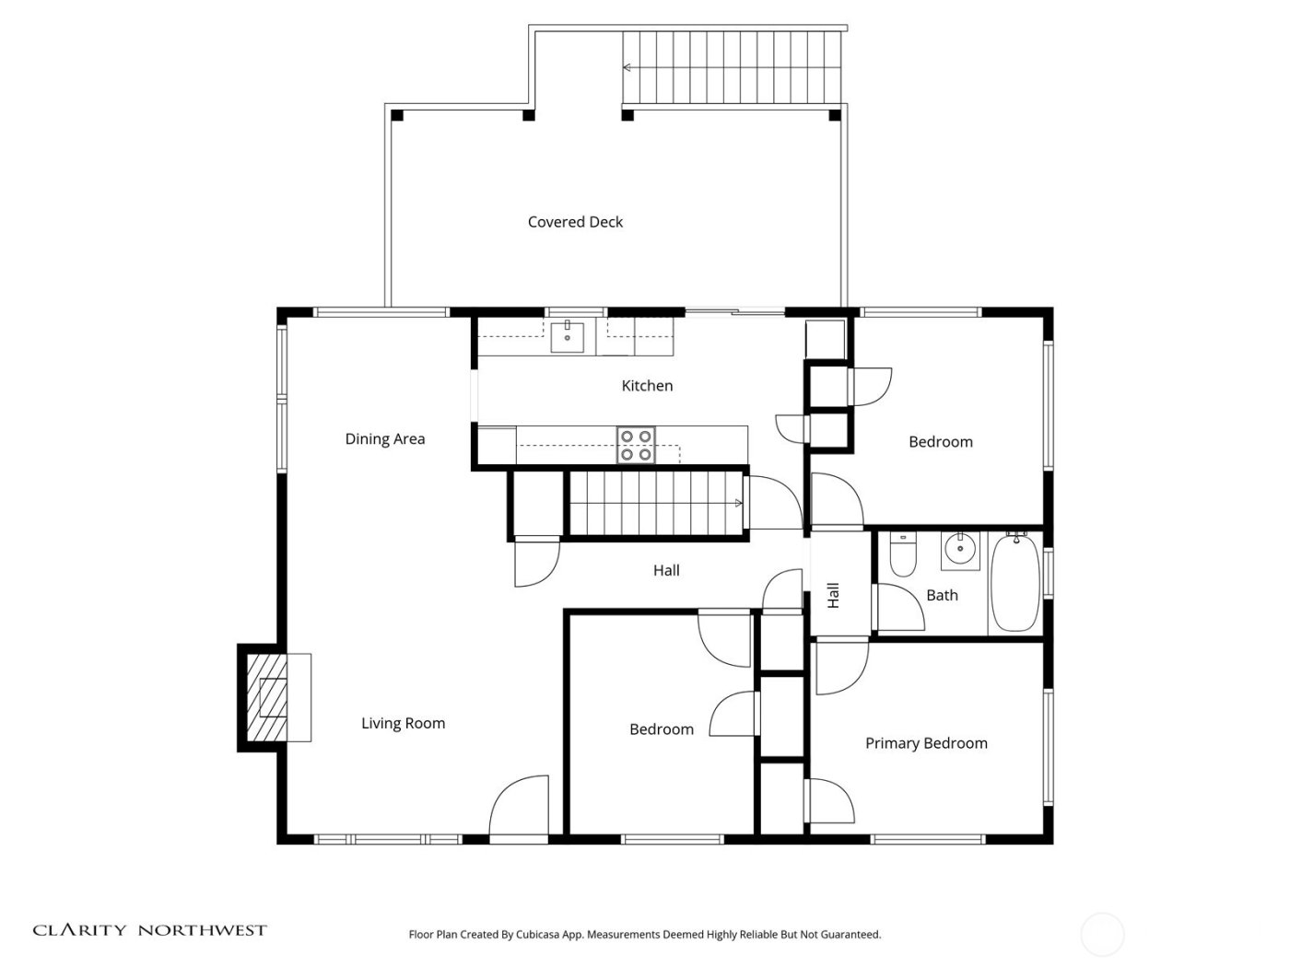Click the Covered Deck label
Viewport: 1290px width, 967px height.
pos(575,222)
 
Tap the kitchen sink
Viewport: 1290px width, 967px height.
pos(568,337)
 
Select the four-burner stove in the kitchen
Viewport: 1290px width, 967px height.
pos(635,445)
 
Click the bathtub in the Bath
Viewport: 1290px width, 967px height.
pos(1014,582)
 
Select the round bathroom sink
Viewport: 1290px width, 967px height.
pos(960,550)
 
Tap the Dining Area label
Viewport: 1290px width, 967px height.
pos(385,439)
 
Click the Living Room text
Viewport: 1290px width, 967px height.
pos(403,724)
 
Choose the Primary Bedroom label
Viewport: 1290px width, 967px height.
pos(926,743)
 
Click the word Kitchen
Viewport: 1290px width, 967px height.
pos(647,386)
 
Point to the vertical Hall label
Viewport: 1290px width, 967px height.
pos(833,595)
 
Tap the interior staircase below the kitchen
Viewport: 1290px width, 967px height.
pos(656,503)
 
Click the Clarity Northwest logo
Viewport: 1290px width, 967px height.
pos(149,930)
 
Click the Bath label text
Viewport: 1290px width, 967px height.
pos(942,596)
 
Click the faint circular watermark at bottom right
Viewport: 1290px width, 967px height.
pos(1102,935)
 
